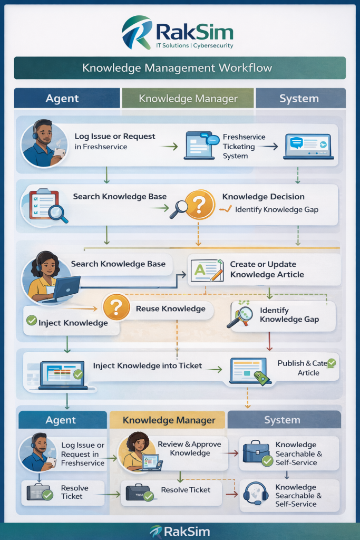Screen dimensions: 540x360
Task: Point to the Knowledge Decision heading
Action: [x=263, y=197]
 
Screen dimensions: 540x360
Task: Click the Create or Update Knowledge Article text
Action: [x=267, y=269]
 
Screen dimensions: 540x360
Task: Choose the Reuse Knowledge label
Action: [x=170, y=308]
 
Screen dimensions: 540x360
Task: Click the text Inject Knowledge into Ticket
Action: [x=148, y=365]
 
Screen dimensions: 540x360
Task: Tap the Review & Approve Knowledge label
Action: [x=190, y=449]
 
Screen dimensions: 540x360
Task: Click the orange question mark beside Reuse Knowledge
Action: [x=116, y=307]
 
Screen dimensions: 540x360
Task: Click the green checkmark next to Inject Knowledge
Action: [x=31, y=320]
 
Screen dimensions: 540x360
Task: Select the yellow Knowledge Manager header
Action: [x=169, y=420]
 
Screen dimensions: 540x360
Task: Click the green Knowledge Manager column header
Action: [x=188, y=99]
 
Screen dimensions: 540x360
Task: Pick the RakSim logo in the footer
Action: [x=180, y=531]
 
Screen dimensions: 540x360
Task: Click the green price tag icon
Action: [x=262, y=377]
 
